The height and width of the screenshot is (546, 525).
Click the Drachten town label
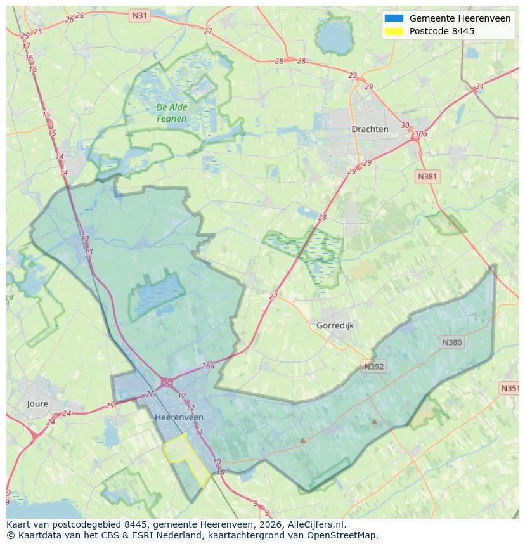pyautogui.click(x=370, y=129)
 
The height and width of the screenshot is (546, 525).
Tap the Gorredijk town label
pyautogui.click(x=334, y=325)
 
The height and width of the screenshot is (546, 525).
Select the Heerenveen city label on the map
pyautogui.click(x=179, y=417)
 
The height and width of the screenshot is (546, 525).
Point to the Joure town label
pyautogui.click(x=37, y=403)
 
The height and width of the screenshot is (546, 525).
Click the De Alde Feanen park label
pyautogui.click(x=171, y=113)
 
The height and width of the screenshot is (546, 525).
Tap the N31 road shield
pyautogui.click(x=139, y=14)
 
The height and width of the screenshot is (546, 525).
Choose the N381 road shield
pyautogui.click(x=427, y=176)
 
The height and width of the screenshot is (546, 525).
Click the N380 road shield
pyautogui.click(x=452, y=342)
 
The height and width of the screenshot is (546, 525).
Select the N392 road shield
pyautogui.click(x=374, y=366)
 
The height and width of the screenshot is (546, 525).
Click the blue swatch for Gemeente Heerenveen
pyautogui.click(x=394, y=18)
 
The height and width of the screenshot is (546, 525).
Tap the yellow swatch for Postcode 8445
pyautogui.click(x=394, y=31)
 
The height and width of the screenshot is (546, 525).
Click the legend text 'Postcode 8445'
pyautogui.click(x=441, y=31)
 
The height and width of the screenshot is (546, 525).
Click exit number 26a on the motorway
pyautogui.click(x=208, y=366)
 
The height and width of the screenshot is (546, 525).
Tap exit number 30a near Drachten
pyautogui.click(x=420, y=134)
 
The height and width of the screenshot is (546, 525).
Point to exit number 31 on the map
pyautogui.click(x=480, y=87)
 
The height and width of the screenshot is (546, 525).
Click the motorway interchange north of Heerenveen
pyautogui.click(x=167, y=382)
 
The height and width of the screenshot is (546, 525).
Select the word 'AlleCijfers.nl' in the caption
pyautogui.click(x=316, y=524)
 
